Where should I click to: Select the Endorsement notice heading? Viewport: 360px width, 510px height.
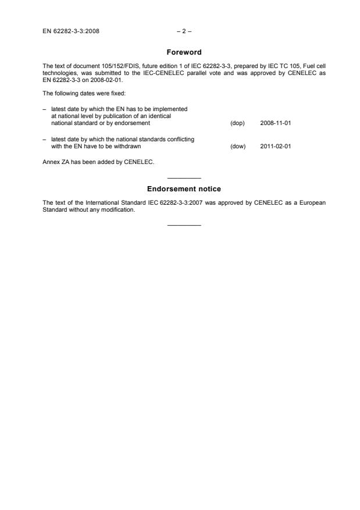point(184,189)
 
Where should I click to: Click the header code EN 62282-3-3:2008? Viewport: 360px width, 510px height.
point(71,31)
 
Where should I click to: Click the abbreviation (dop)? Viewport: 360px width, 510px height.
point(238,123)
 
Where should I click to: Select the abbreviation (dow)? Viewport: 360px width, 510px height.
point(238,147)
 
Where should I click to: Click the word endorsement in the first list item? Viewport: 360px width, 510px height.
point(135,123)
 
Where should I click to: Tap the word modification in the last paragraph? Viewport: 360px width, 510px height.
point(120,210)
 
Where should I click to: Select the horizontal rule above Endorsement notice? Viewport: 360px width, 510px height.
point(184,177)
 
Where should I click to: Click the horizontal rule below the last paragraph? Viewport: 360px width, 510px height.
point(184,225)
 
